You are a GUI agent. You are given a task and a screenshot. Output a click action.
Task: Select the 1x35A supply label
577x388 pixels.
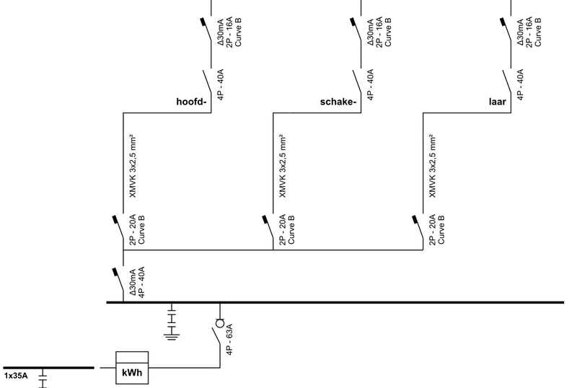coord(16,376)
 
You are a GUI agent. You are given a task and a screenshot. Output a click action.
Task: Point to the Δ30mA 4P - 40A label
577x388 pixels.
coord(137,283)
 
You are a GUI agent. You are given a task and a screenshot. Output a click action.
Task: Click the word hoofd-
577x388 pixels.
coord(192,101)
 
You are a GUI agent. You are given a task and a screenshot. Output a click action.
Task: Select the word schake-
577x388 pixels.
coord(338,101)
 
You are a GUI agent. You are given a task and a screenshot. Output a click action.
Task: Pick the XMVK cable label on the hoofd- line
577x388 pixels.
coord(133,167)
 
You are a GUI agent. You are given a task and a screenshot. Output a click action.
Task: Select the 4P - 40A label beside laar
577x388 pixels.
coord(521,84)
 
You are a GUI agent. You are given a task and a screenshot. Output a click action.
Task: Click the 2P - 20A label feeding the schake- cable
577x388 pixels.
coord(283,230)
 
